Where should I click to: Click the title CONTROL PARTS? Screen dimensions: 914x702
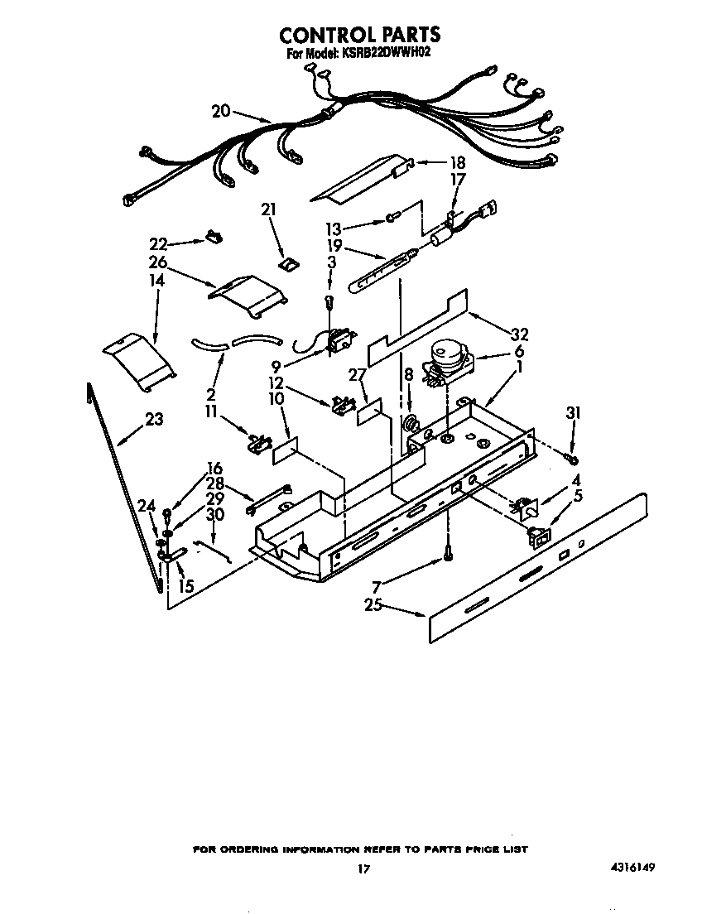(359, 35)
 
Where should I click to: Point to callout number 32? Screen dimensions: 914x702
(519, 335)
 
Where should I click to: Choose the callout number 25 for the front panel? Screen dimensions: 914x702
(373, 605)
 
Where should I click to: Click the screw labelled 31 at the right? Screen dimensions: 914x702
(571, 457)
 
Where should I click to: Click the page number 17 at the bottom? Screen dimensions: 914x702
(362, 869)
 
